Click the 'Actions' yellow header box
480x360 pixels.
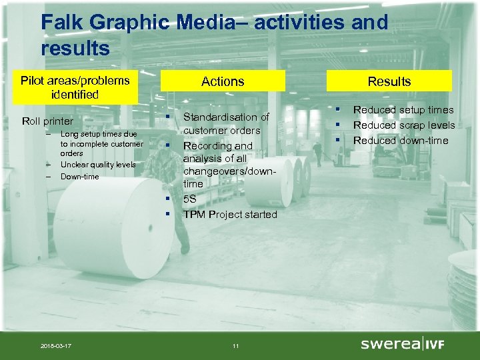(223, 81)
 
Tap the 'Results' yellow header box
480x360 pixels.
(389, 81)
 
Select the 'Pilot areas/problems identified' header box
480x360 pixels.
(75, 87)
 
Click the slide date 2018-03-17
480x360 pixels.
(57, 345)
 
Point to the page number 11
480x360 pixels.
(235, 345)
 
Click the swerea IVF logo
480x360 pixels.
(402, 344)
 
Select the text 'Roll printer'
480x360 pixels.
(47, 121)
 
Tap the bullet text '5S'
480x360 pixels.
(189, 199)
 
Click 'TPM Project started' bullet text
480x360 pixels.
(230, 214)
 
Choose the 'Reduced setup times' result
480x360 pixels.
(403, 109)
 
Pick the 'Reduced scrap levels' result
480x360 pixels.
(404, 125)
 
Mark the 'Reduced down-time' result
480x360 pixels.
(401, 140)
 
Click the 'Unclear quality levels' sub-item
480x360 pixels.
(98, 165)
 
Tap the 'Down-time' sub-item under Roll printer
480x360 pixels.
(79, 177)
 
